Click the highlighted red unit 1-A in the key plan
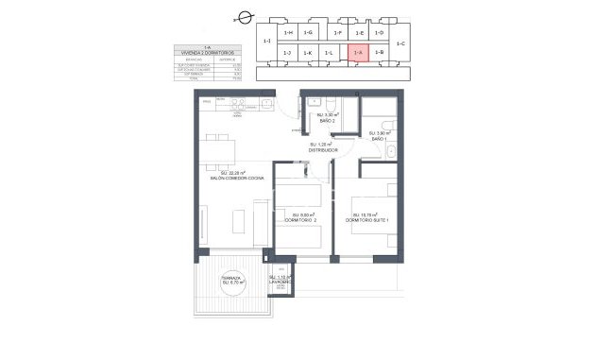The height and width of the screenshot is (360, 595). pyautogui.click(x=358, y=54)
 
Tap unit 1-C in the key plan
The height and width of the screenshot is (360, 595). pyautogui.click(x=399, y=43)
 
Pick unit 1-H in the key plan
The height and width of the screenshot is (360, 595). pyautogui.click(x=288, y=33)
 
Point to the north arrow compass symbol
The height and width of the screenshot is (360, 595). pyautogui.click(x=245, y=16)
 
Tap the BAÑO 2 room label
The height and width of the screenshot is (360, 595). pyautogui.click(x=327, y=120)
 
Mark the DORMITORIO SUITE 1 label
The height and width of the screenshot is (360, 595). pyautogui.click(x=368, y=220)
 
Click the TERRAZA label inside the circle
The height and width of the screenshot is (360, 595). pyautogui.click(x=232, y=280)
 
